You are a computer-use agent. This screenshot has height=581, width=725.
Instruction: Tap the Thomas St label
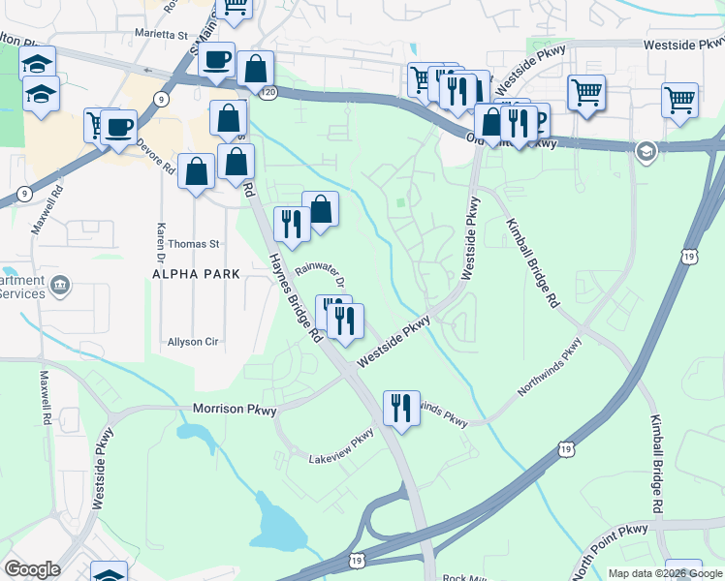pyautogui.click(x=195, y=244)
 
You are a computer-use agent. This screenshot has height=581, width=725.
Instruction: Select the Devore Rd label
pyautogui.click(x=155, y=157)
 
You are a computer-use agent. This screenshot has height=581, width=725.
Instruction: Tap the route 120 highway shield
pyautogui.click(x=268, y=91)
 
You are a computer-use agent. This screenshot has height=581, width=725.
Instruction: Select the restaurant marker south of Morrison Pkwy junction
pyautogui.click(x=401, y=407)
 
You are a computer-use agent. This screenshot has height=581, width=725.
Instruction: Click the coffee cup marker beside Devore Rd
pyautogui.click(x=119, y=127)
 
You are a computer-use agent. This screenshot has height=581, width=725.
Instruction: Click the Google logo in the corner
pyautogui.click(x=32, y=569)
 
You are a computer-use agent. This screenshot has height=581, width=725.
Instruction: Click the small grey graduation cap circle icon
pyautogui.click(x=646, y=151)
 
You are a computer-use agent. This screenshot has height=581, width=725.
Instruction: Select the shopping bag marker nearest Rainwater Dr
pyautogui.click(x=320, y=208)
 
